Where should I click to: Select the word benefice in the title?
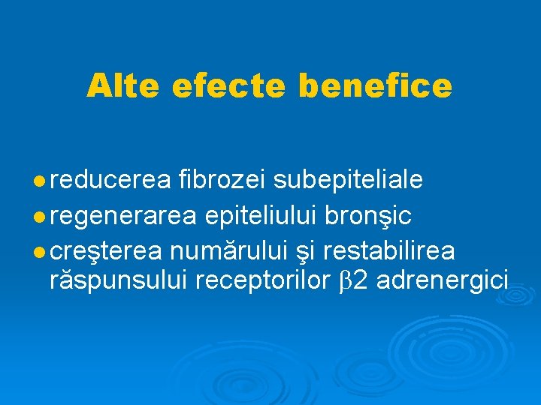coord(376,86)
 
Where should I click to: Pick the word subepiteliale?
coord(348,181)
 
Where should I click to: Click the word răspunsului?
coord(117,282)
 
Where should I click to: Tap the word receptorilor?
coord(262,282)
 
